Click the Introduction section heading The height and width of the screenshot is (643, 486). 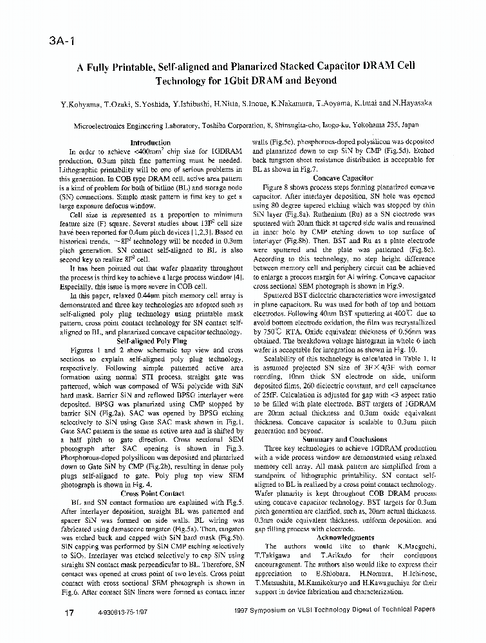[150, 143]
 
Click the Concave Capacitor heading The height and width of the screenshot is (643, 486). [343, 177]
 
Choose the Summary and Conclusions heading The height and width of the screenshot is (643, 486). [343, 439]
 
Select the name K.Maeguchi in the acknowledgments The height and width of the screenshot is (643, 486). [415, 546]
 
